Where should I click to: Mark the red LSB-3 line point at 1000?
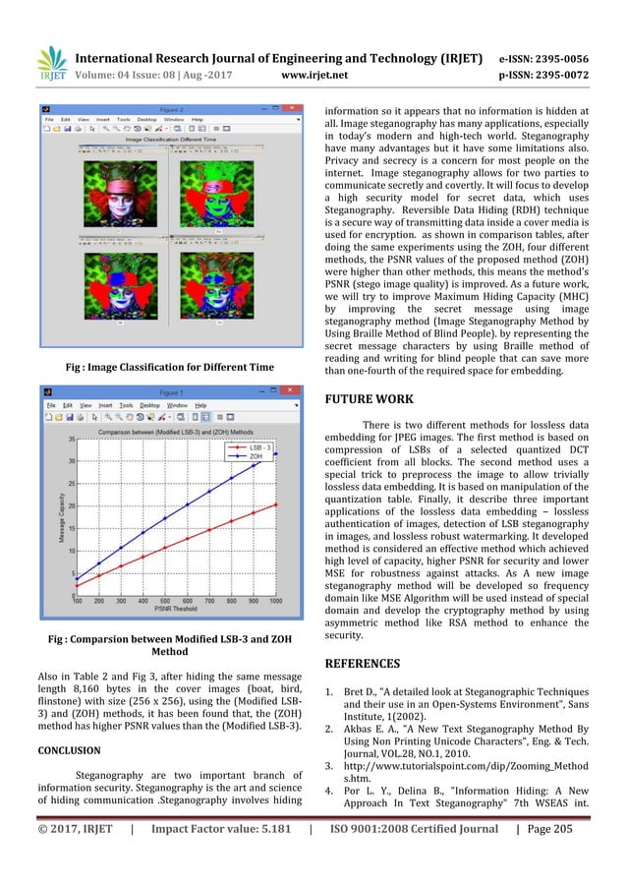[x=276, y=504]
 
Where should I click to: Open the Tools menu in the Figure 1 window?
[x=126, y=405]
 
